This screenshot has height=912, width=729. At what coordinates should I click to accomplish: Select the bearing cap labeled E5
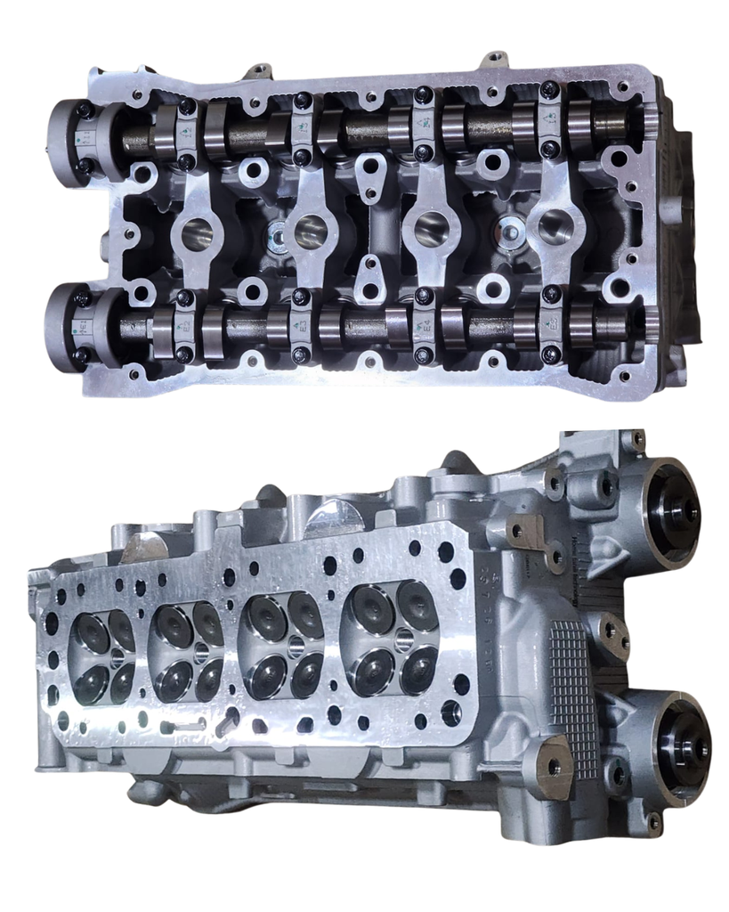pos(550,325)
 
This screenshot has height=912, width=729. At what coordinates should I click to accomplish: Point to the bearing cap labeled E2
pos(186,326)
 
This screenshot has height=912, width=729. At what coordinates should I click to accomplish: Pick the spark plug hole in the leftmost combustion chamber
pos(117,659)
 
